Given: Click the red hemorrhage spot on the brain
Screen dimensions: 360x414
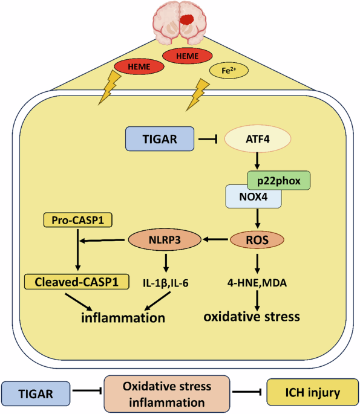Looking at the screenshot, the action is tap(187, 19).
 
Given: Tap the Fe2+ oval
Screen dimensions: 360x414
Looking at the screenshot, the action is tap(229, 71).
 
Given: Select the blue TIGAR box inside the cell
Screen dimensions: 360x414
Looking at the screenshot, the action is tap(160, 139).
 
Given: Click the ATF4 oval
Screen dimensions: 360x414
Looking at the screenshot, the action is tap(258, 139).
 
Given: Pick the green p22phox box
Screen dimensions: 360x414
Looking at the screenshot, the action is tap(278, 180).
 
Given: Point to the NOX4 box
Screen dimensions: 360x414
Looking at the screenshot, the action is tap(253, 196).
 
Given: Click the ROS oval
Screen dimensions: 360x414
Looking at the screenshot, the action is tap(257, 240).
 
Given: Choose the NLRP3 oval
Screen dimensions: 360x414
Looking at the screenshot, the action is tap(165, 240).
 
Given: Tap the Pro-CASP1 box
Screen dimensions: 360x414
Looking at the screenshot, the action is tap(77, 220).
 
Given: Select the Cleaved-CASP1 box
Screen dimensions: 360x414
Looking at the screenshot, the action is tap(77, 282).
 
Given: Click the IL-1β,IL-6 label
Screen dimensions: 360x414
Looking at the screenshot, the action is tap(166, 283).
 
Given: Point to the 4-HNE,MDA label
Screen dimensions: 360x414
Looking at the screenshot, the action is tap(257, 283).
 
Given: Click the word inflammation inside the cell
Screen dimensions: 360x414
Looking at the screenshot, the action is tap(123, 318).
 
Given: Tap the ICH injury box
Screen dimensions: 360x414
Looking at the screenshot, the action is tap(313, 392).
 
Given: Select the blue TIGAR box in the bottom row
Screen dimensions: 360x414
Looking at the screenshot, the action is tap(36, 393).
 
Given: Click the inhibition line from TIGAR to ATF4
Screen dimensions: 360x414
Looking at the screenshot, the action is tap(208, 139).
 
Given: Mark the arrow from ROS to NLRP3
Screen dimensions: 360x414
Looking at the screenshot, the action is tap(215, 239).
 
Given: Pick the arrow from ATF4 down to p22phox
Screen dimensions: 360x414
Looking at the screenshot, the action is tap(257, 161).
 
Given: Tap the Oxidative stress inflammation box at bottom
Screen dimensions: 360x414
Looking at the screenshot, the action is tap(167, 393).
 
